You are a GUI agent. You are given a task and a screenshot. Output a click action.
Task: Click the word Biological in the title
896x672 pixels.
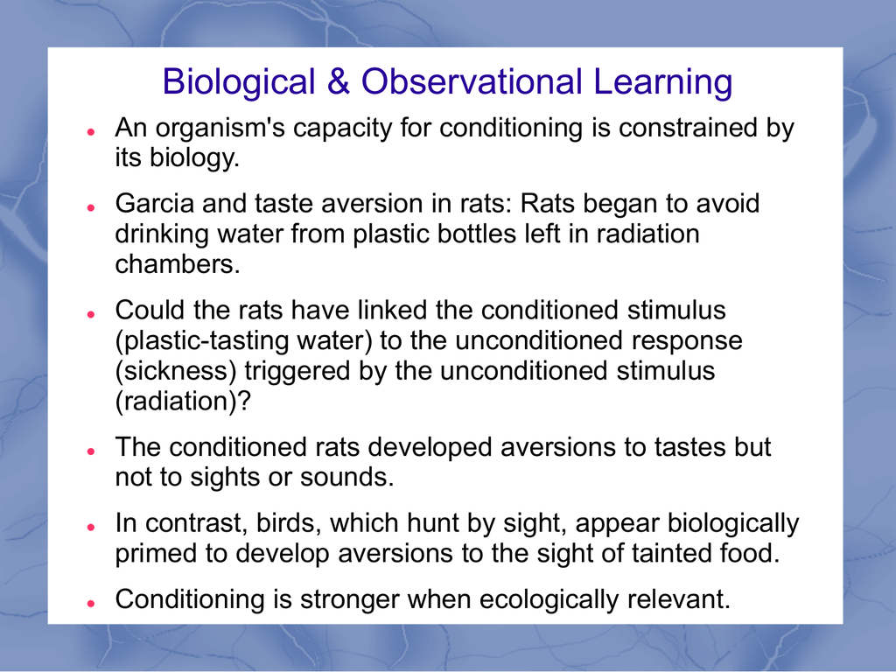click(239, 82)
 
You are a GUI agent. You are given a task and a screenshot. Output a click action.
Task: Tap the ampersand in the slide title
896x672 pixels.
click(339, 81)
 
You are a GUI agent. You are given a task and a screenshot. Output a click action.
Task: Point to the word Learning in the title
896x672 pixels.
click(663, 82)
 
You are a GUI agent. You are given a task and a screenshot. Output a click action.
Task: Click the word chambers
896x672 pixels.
click(177, 264)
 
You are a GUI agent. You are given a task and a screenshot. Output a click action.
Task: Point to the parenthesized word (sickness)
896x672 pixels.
click(176, 371)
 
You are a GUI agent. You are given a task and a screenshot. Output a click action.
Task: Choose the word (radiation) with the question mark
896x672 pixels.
click(183, 401)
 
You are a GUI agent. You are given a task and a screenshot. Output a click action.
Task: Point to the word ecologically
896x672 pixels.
click(548, 600)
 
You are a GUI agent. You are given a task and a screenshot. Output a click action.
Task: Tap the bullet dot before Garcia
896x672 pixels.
click(91, 207)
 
